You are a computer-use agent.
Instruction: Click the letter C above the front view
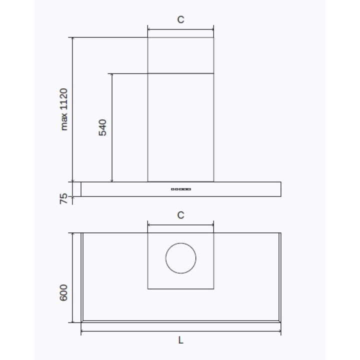[x=180, y=19]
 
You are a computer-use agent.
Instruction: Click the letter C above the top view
[x=180, y=215]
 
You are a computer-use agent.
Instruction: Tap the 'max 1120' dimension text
[x=64, y=109]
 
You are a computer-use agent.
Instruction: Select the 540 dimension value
[x=102, y=127]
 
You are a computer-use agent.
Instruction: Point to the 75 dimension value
[x=64, y=198]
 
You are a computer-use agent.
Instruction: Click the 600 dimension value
[x=63, y=292]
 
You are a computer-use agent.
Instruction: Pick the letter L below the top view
[x=181, y=340]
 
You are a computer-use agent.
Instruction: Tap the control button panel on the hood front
[x=181, y=189]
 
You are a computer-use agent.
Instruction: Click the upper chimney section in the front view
[x=180, y=55]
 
